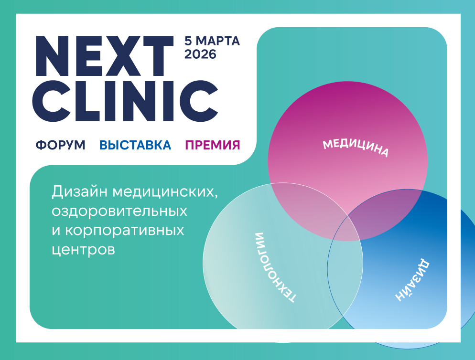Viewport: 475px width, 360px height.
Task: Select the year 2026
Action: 200,54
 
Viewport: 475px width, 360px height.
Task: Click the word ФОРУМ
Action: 60,145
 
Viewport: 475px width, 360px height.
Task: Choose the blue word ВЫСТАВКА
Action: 135,145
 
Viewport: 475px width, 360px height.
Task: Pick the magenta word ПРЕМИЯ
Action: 212,145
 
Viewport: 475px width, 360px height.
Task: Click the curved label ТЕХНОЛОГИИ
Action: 275,267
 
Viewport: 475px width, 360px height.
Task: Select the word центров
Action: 83,249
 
